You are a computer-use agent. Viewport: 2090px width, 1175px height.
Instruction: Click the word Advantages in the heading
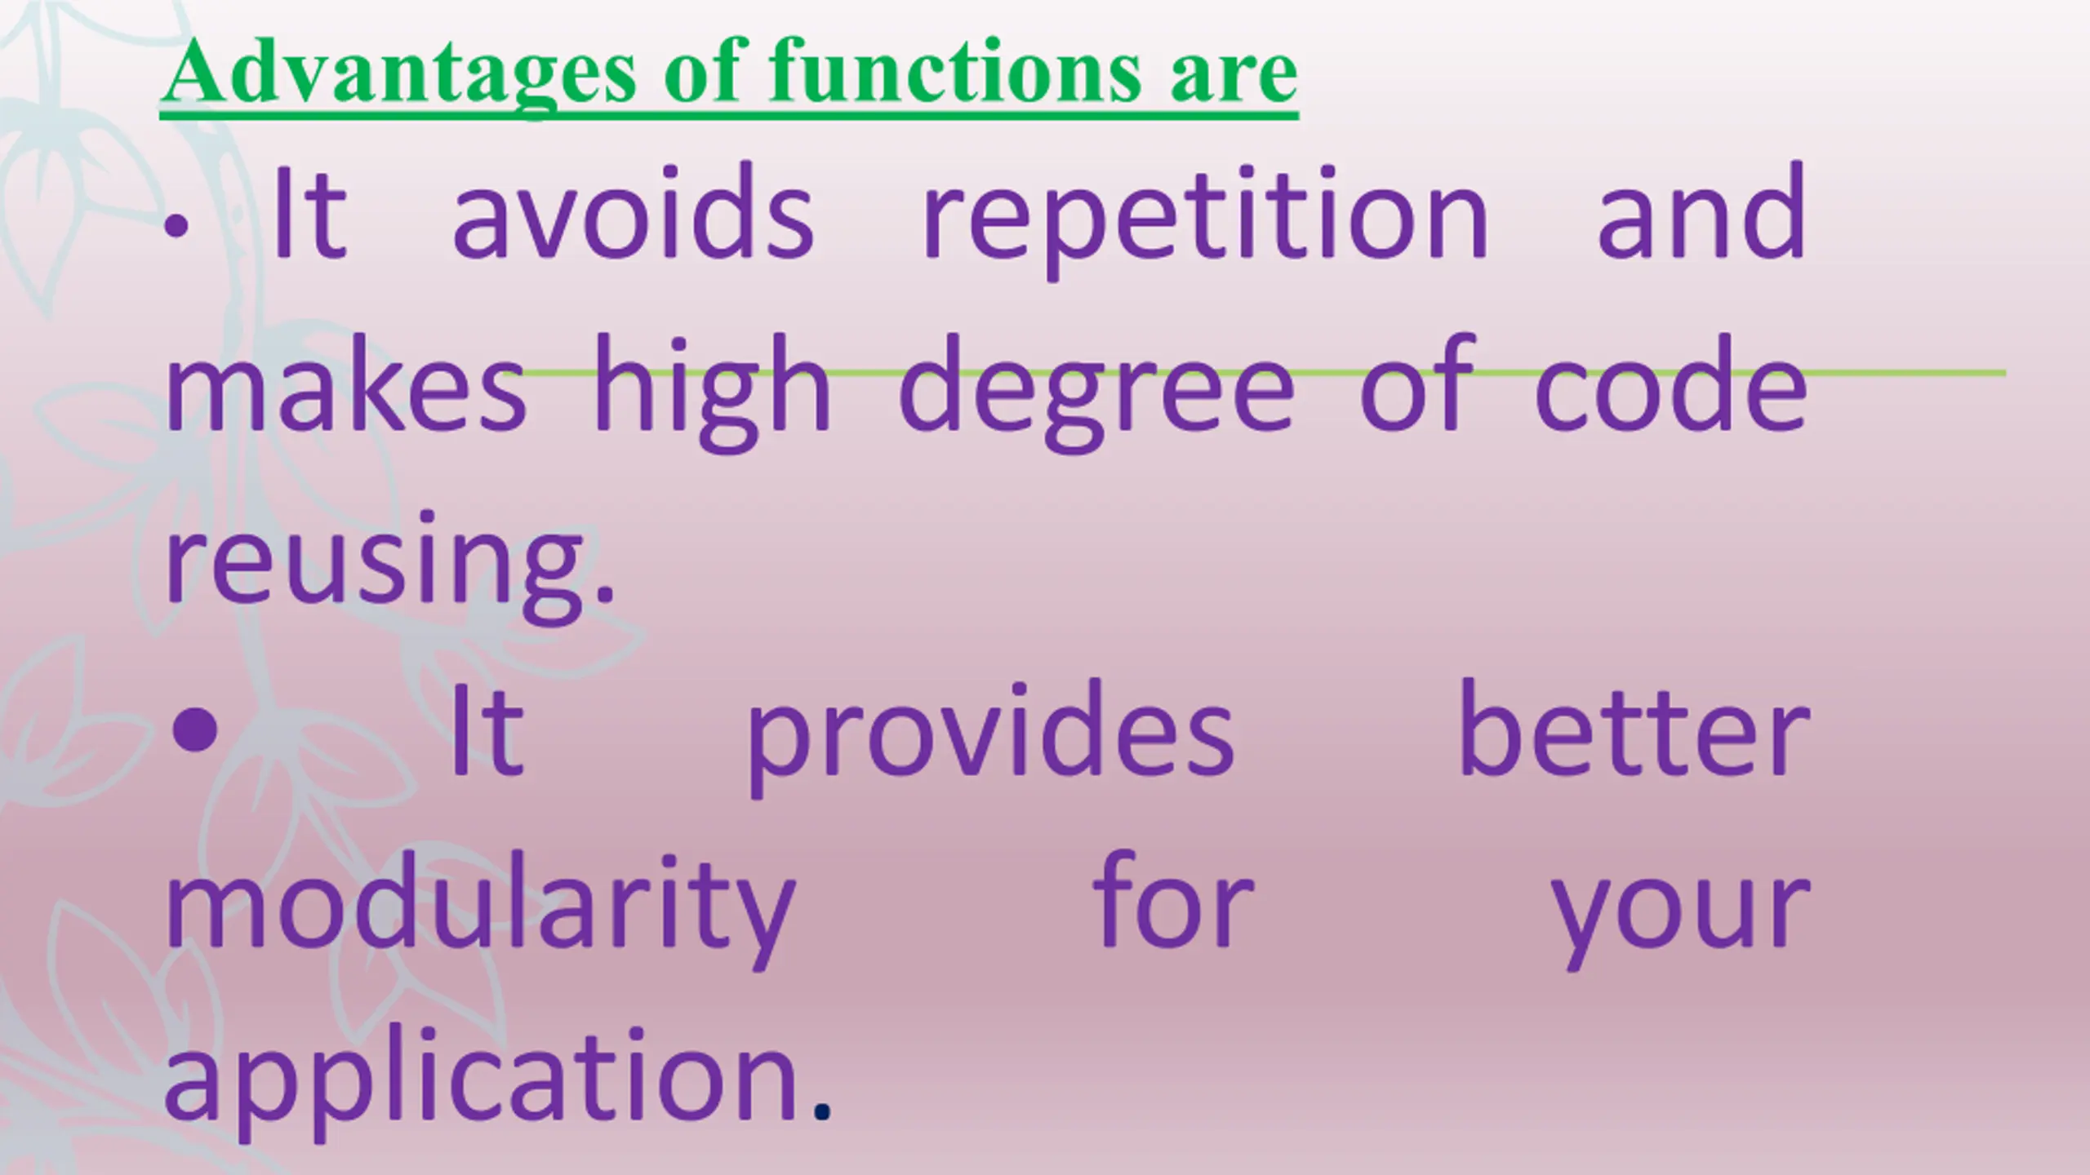click(398, 73)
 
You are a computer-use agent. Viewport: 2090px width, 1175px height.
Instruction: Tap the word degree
click(1096, 392)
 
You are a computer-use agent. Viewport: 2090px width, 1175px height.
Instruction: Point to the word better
click(1634, 728)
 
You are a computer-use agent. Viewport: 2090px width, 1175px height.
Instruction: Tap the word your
click(1680, 922)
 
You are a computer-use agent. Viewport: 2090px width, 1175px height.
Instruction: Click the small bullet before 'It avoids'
click(176, 228)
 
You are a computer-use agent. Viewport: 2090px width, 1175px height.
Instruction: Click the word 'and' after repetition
click(1701, 212)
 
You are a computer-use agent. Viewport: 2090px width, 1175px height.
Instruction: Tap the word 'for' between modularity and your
click(1172, 901)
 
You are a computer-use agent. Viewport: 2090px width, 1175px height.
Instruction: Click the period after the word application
click(822, 1112)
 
